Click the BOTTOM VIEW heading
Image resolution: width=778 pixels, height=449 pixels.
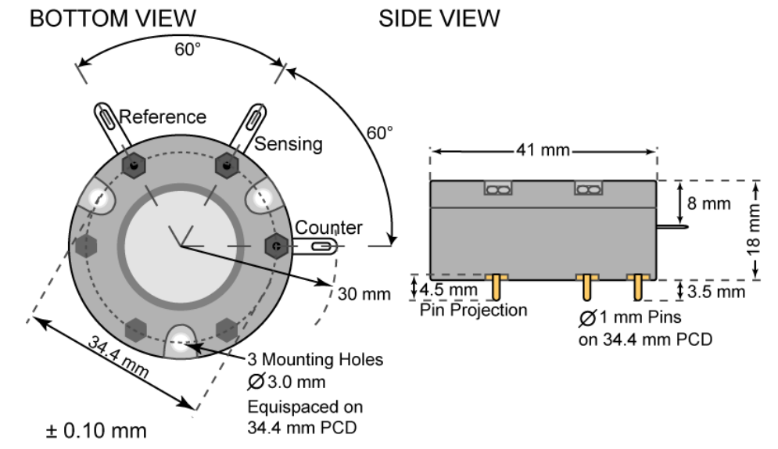pos(113,18)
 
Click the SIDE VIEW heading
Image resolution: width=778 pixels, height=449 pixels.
pos(439,18)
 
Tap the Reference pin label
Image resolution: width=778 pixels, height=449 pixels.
pos(163,117)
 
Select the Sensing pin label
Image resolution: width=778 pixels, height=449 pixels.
pos(289,144)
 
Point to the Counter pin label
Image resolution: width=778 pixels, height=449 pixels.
pos(328,228)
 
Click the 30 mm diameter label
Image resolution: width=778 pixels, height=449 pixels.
pos(364,294)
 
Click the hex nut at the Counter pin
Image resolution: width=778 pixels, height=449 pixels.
pos(276,246)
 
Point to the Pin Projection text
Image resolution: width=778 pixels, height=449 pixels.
pos(474,311)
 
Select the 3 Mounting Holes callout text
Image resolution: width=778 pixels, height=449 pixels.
pos(315,360)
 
